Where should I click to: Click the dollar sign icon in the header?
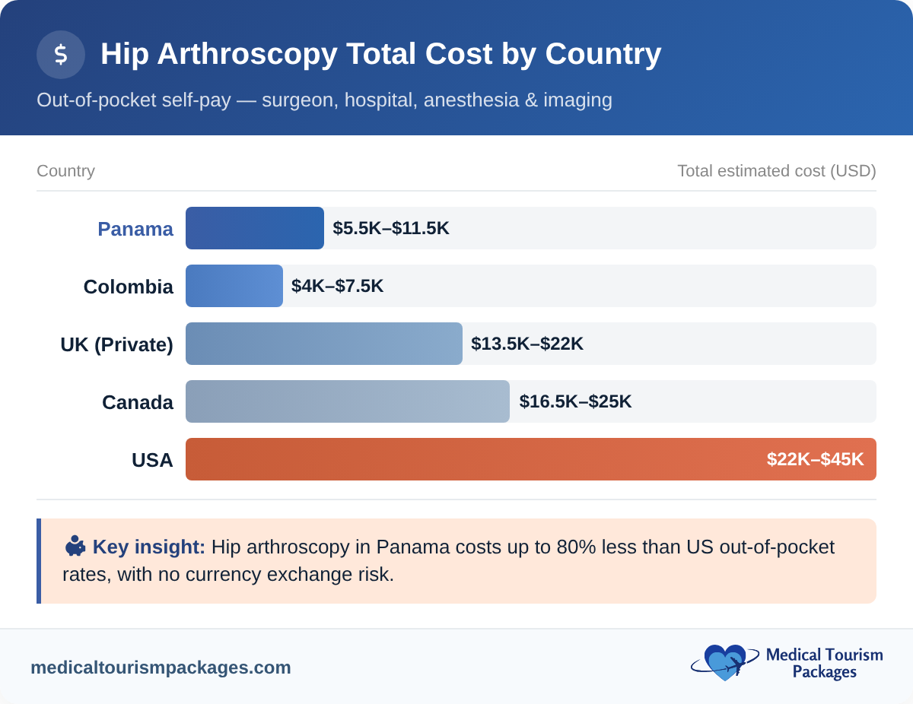pyautogui.click(x=61, y=55)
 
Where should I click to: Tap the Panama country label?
pyautogui.click(x=135, y=229)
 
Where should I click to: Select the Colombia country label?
pyautogui.click(x=128, y=287)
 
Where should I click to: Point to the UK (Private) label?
pyautogui.click(x=116, y=344)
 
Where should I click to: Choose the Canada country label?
pyautogui.click(x=138, y=402)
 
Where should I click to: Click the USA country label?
pyautogui.click(x=152, y=460)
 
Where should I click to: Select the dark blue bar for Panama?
pyautogui.click(x=254, y=228)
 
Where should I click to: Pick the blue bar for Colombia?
pyautogui.click(x=234, y=286)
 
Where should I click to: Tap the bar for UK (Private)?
pyautogui.click(x=323, y=344)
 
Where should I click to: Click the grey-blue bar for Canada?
pyautogui.click(x=347, y=401)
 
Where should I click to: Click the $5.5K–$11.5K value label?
pyautogui.click(x=391, y=228)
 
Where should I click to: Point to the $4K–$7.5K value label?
pyautogui.click(x=337, y=286)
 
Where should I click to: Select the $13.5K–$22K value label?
pyautogui.click(x=527, y=344)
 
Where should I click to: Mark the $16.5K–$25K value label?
pyautogui.click(x=575, y=401)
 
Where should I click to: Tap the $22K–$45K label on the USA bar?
pyautogui.click(x=815, y=459)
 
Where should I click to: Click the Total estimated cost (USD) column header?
pyautogui.click(x=776, y=171)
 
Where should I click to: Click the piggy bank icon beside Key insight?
pyautogui.click(x=75, y=546)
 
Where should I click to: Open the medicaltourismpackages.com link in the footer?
pyautogui.click(x=161, y=668)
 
